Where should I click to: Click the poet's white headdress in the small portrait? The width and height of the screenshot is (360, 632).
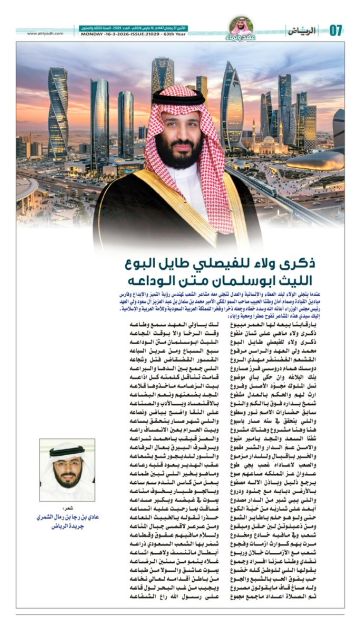(x=67, y=449)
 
